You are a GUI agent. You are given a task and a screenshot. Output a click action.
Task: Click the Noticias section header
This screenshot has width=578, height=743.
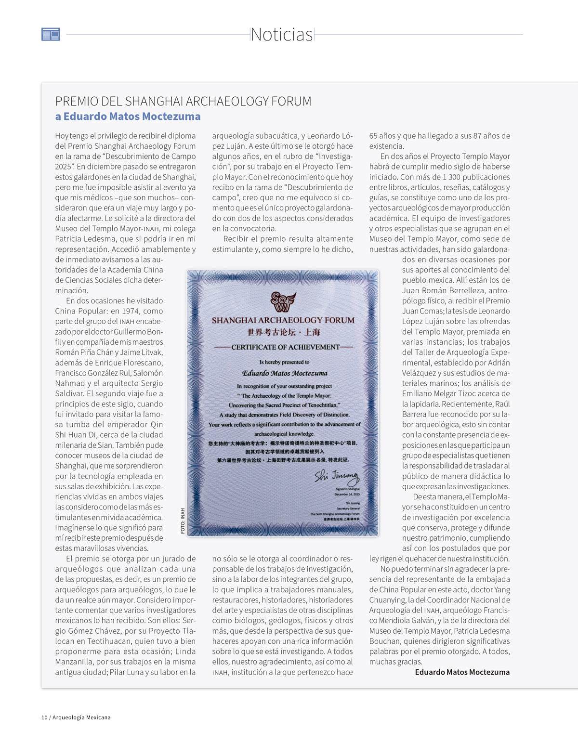click(x=282, y=35)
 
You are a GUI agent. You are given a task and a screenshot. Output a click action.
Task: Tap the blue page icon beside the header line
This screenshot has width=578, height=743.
click(x=51, y=34)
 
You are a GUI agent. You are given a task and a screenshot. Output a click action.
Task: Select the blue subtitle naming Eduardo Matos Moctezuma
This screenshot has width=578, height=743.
click(x=128, y=117)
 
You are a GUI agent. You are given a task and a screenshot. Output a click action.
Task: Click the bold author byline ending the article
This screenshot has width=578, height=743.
click(x=462, y=672)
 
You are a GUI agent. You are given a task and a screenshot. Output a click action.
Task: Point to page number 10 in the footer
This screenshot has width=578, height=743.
click(x=44, y=717)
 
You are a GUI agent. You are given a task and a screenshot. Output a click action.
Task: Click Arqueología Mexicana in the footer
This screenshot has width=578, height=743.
click(x=81, y=717)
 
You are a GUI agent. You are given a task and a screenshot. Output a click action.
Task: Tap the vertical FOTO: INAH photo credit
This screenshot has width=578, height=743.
click(x=183, y=521)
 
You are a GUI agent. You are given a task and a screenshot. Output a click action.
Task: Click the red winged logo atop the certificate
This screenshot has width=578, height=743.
click(x=283, y=301)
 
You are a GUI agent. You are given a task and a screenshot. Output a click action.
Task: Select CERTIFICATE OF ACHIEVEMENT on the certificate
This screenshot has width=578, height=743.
click(x=285, y=347)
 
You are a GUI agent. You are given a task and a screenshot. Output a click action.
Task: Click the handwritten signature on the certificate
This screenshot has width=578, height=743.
click(x=337, y=476)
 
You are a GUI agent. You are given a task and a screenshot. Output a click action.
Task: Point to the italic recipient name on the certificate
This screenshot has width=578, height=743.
click(x=285, y=373)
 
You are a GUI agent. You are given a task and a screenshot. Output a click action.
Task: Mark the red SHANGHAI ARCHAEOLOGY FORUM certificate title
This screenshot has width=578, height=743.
click(x=283, y=320)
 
